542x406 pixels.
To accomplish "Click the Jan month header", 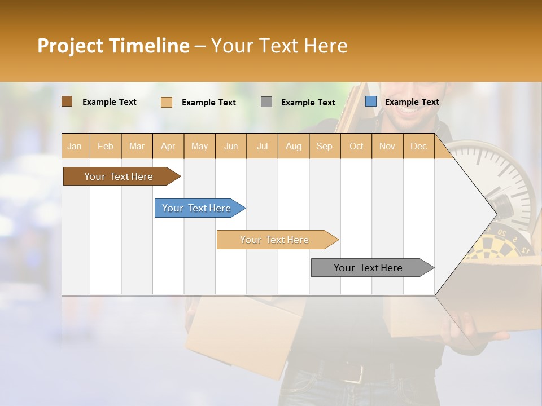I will pos(75,147).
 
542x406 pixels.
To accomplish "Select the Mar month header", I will pos(137,147).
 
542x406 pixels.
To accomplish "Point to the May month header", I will pos(199,147).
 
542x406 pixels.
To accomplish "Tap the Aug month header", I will pos(293,147).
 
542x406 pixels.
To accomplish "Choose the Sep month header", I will pos(324,147).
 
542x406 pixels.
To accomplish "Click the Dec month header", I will pos(418,147).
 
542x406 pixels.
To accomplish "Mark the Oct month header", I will pos(356,147).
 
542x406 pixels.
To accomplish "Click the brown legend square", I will pos(67,101).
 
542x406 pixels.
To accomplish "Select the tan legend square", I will pos(166,102).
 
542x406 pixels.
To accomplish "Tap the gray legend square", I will pos(266,102).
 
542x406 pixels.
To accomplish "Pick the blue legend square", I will pos(370,101).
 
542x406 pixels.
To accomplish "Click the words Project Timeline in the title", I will pos(113,46).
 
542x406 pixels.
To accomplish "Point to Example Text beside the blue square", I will pos(412,102).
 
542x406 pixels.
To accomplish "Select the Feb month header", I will pos(106,147).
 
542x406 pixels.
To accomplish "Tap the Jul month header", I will pos(262,147).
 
